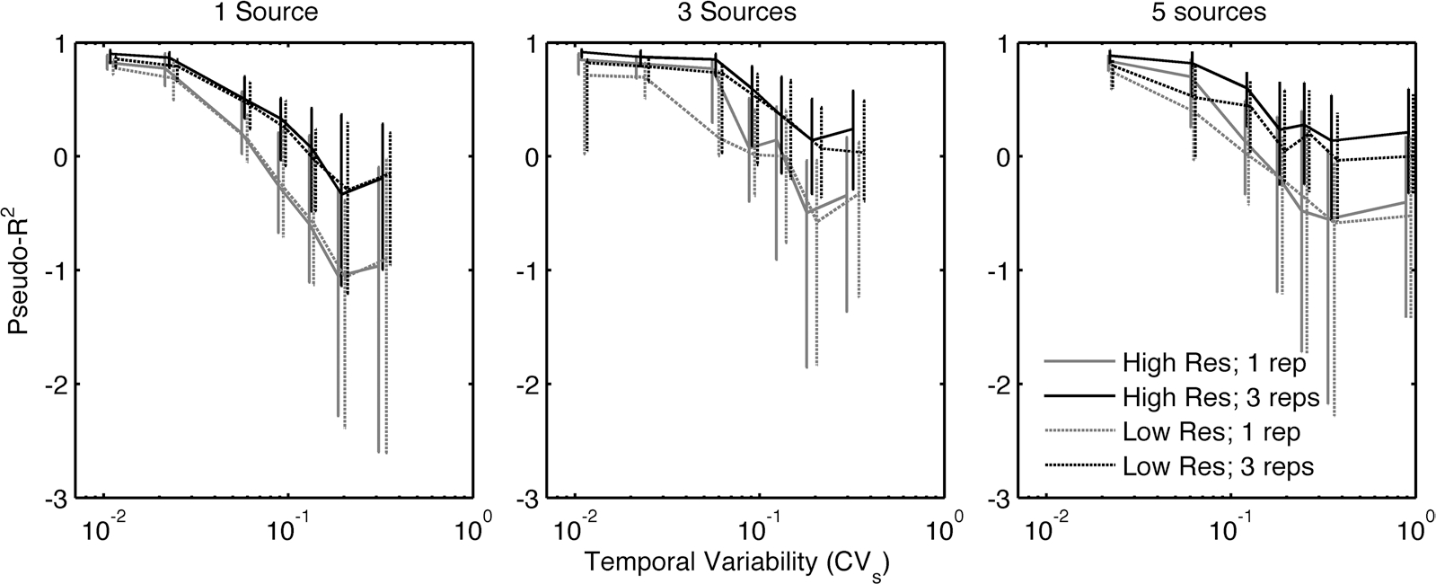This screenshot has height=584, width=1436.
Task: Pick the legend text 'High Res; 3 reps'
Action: [1220, 398]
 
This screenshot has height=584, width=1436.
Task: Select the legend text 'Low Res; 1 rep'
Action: [1211, 432]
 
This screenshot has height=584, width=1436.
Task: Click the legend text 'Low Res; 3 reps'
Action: [1218, 466]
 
